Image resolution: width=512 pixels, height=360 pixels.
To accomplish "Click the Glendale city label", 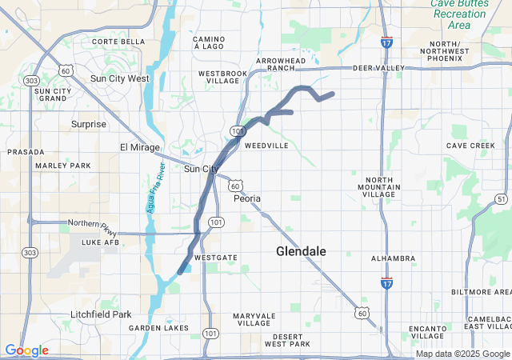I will pyautogui.click(x=301, y=251).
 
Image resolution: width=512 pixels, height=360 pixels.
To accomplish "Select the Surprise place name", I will pyautogui.click(x=88, y=124).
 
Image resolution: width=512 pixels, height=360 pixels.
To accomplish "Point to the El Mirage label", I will pyautogui.click(x=140, y=147).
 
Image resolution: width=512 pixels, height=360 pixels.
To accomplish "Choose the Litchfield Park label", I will pyautogui.click(x=100, y=314).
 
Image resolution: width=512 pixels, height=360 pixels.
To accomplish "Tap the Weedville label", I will pyautogui.click(x=266, y=146).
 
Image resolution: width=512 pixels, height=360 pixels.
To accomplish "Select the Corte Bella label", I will pyautogui.click(x=118, y=42).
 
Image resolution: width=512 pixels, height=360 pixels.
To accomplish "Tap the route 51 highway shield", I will pyautogui.click(x=501, y=198).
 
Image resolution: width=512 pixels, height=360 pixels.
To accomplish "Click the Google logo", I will pyautogui.click(x=26, y=350).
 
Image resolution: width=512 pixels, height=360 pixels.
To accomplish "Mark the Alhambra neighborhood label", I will pyautogui.click(x=393, y=258).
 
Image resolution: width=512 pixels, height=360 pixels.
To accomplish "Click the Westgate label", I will pyautogui.click(x=216, y=258).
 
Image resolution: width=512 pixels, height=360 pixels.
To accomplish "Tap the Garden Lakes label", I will pyautogui.click(x=159, y=328).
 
